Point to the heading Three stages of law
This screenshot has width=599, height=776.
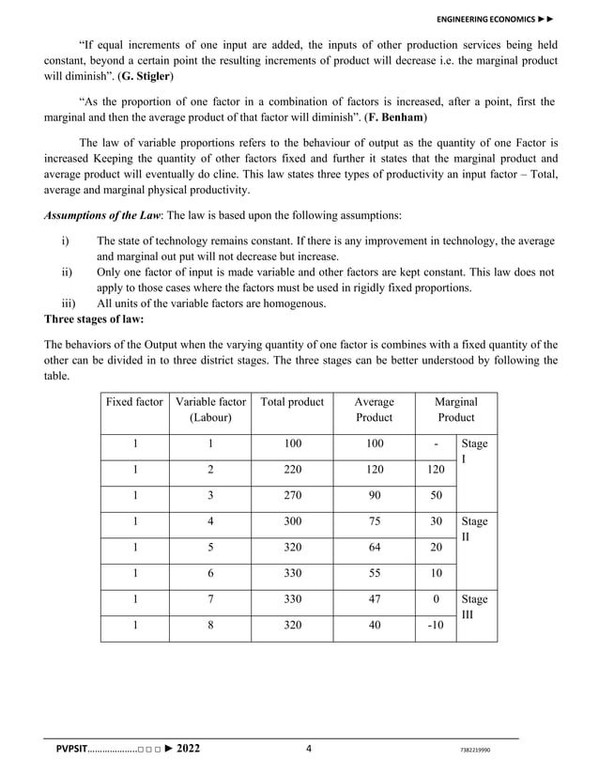[93, 318]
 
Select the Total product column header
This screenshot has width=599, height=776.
[292, 401]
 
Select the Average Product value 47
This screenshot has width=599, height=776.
[375, 598]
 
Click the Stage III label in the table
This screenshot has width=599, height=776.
[475, 606]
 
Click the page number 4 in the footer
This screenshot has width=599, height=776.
[308, 749]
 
